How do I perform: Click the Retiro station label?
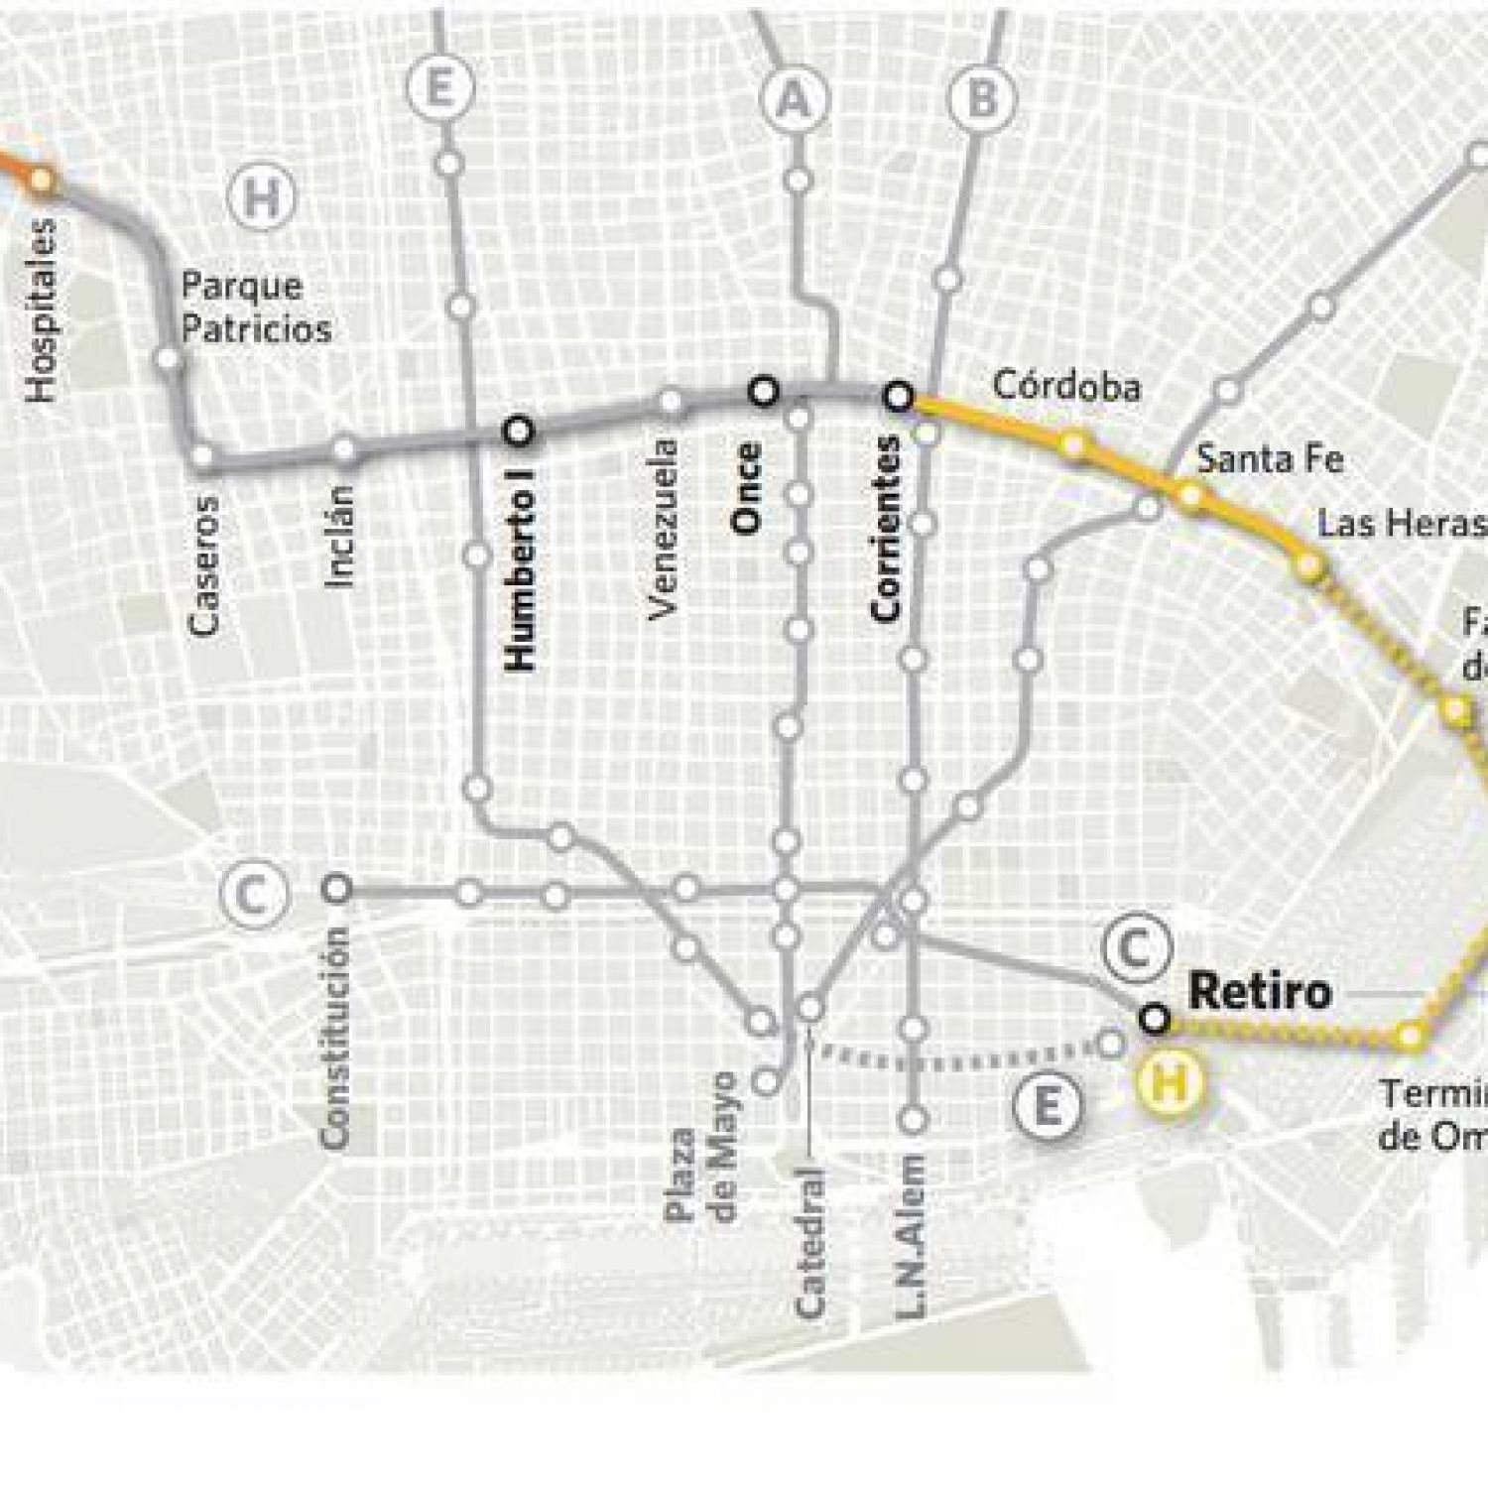coord(1259,991)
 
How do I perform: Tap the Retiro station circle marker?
coord(1154,1019)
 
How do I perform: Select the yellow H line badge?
coord(1172,1082)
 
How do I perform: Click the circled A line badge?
coord(793,100)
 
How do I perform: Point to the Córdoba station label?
coord(1066,386)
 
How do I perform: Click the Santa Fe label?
coord(1270,459)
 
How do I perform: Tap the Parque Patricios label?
coord(256,308)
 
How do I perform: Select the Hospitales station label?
coord(41,311)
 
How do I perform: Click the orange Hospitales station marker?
coord(41,180)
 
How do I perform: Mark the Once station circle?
coord(763,392)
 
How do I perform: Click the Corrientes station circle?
coord(899,397)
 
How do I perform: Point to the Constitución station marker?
coord(338,888)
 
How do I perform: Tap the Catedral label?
coord(810,1244)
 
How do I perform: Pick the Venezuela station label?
coord(663,530)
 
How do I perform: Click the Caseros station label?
coord(204,565)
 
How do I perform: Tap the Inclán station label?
coord(340,537)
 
